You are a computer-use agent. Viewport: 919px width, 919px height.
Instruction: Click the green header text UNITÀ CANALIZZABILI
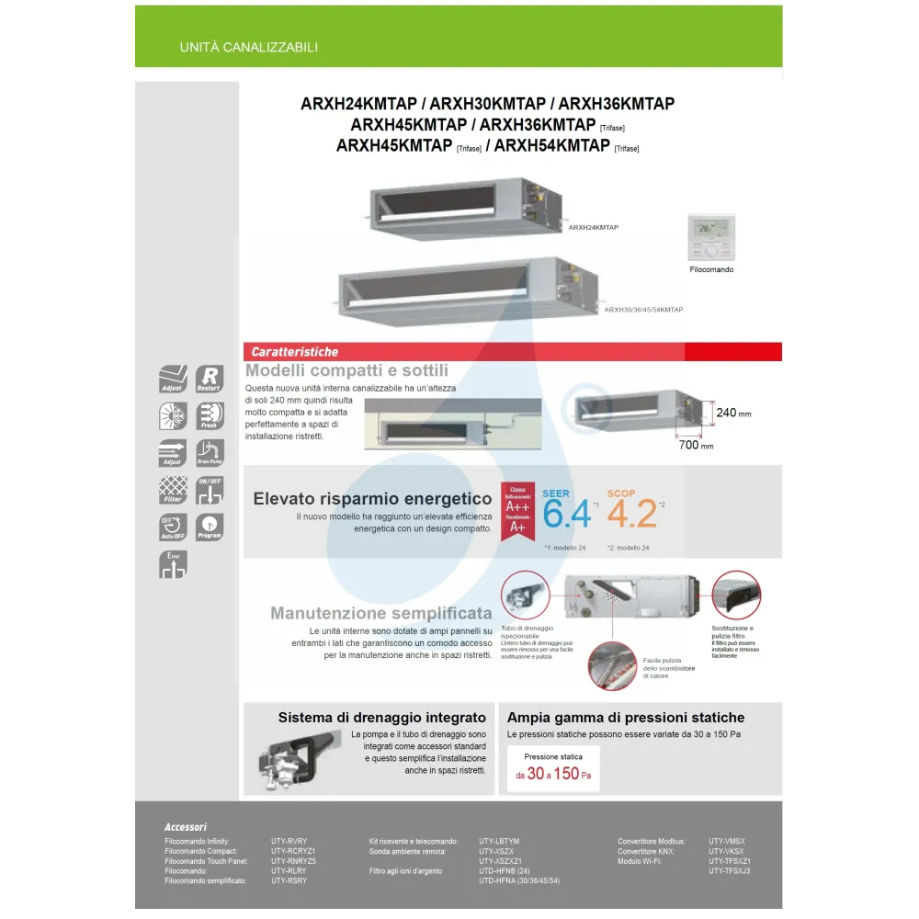[249, 47]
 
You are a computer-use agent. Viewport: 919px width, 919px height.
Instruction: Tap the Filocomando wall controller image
[711, 237]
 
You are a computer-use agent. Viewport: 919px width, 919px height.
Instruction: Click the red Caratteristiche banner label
[295, 352]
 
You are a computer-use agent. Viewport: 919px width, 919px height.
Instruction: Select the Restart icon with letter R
[210, 380]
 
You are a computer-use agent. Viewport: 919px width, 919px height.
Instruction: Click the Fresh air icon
[210, 415]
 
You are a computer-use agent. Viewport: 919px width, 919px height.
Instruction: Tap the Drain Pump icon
[210, 453]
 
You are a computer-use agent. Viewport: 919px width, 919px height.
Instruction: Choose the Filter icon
[173, 490]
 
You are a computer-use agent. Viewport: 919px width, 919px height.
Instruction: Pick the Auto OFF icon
[173, 527]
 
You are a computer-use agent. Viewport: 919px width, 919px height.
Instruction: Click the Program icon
[210, 527]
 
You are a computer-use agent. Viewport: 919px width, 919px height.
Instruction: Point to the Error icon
[173, 564]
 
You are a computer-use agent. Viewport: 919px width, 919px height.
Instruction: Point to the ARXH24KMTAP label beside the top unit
[593, 225]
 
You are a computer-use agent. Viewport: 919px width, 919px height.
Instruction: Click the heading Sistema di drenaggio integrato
[381, 718]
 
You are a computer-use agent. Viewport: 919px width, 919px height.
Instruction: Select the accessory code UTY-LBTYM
[499, 841]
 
